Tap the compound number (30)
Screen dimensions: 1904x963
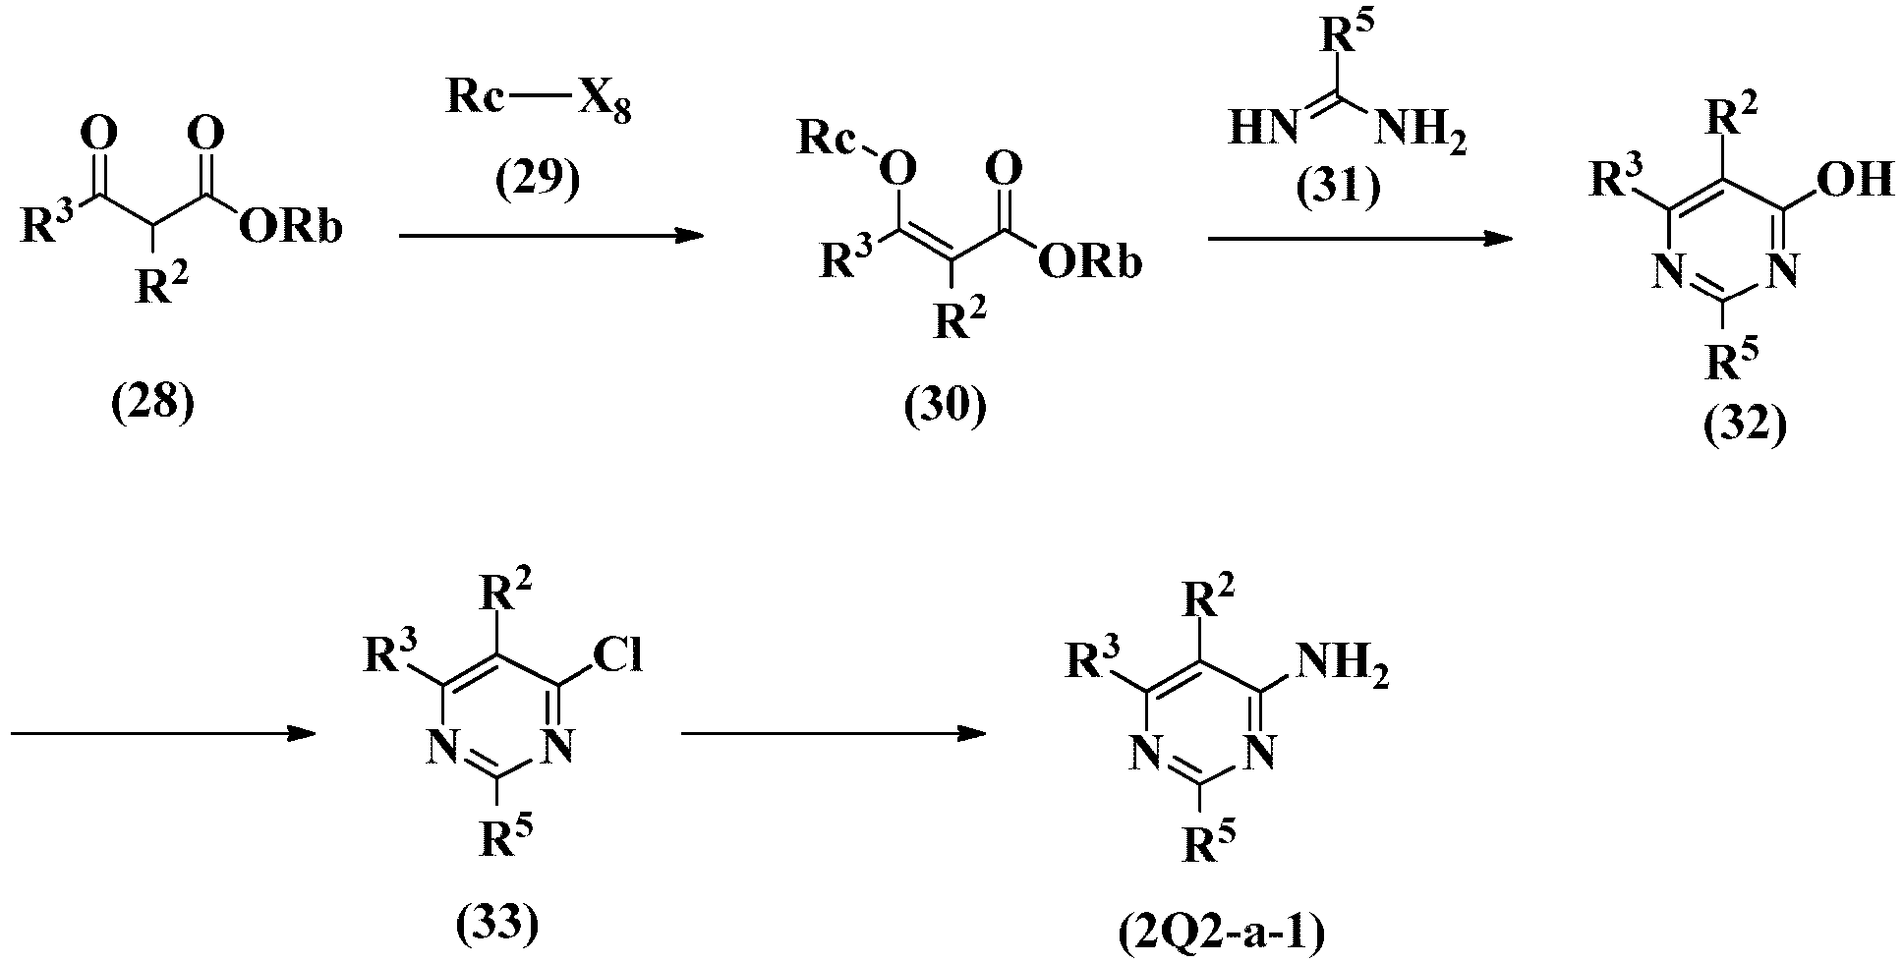(x=945, y=405)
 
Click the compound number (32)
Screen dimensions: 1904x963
(x=1744, y=426)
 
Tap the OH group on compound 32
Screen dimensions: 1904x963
(x=1855, y=180)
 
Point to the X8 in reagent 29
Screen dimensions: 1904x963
(x=603, y=104)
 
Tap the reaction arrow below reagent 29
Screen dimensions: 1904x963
(x=551, y=236)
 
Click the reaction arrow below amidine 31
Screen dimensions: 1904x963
(x=1360, y=237)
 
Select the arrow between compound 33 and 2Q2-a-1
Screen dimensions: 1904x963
(x=834, y=733)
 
